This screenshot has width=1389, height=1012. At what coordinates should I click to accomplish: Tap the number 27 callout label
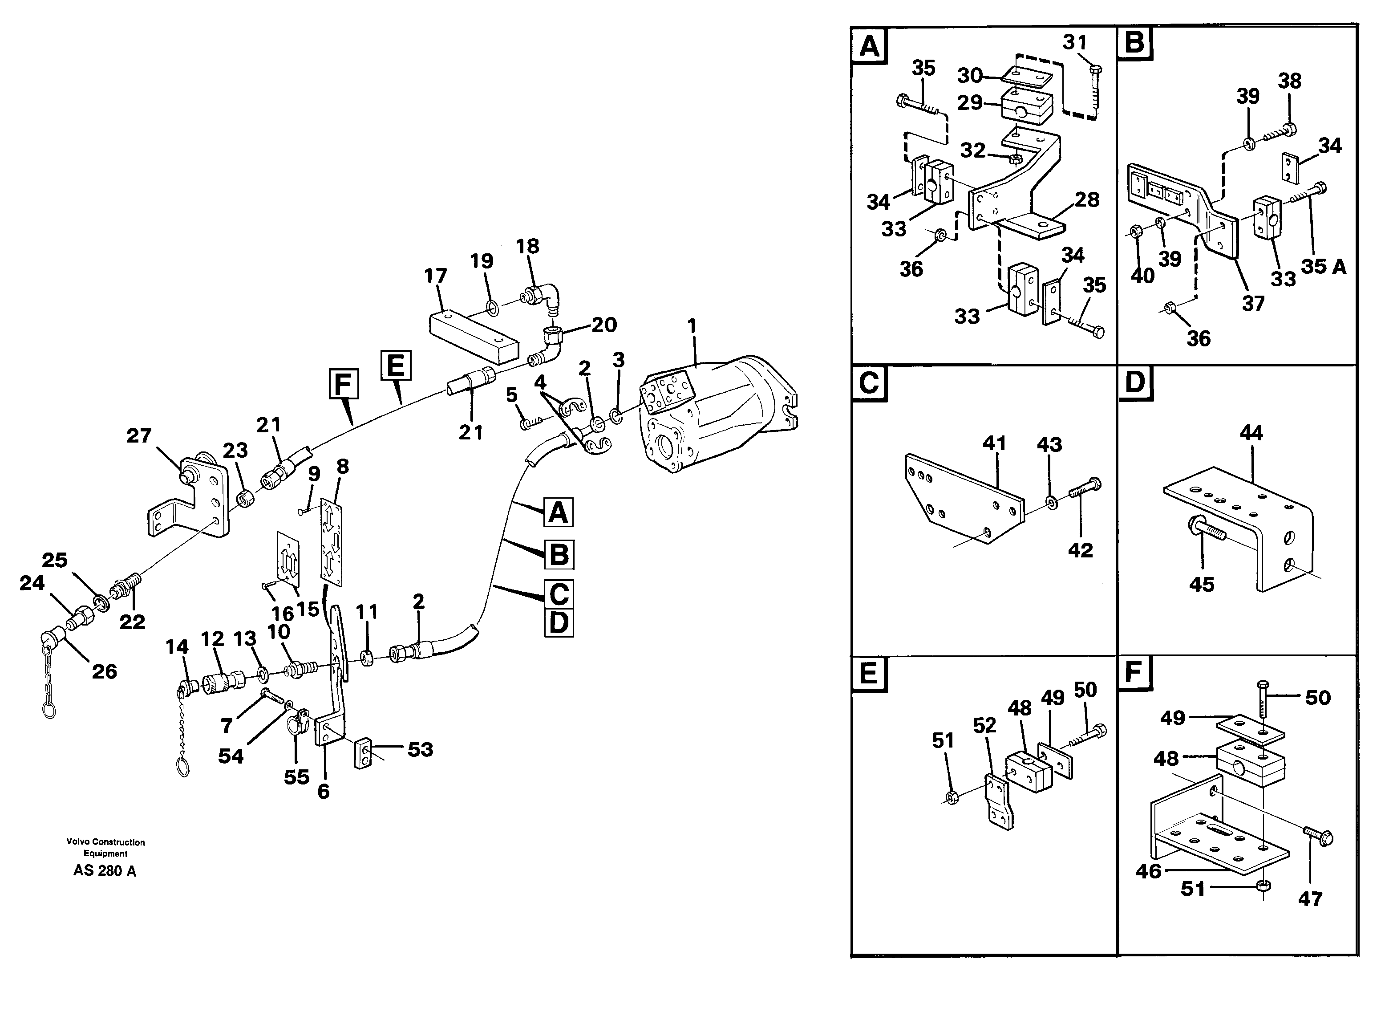coord(139,435)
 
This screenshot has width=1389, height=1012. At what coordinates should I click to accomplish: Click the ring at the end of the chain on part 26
coord(49,710)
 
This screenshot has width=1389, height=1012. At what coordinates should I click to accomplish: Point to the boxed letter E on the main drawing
coord(395,366)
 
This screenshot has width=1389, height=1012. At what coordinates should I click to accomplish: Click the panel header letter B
coord(1135,44)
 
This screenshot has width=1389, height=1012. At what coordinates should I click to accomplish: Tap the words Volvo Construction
coord(105,842)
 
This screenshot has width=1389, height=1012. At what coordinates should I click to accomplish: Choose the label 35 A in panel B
coord(1324,267)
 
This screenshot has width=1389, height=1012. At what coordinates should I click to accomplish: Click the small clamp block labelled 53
coord(364,753)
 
